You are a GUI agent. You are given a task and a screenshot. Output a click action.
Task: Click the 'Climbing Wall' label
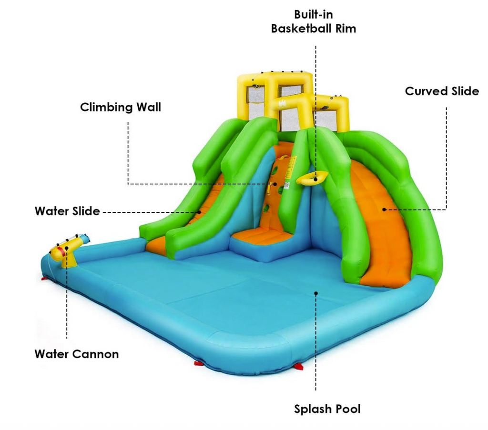[x=121, y=108]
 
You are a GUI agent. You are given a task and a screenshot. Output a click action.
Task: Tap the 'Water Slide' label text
[x=67, y=211]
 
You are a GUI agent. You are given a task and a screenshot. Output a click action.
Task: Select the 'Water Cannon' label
[x=77, y=354]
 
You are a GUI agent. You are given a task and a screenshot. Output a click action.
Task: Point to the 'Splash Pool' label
[x=327, y=409]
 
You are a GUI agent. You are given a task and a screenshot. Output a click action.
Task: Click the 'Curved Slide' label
[x=442, y=91]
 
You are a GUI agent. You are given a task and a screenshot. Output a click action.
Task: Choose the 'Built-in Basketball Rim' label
[x=314, y=21]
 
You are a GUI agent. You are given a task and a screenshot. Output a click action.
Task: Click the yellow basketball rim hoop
[x=312, y=178]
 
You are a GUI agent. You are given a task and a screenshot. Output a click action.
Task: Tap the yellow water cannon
[x=70, y=250]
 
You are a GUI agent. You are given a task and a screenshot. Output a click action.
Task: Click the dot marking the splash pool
[x=316, y=293]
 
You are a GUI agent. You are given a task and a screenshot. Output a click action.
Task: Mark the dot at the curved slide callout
[x=384, y=210]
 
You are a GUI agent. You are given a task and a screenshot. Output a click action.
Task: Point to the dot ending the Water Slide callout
[x=200, y=212]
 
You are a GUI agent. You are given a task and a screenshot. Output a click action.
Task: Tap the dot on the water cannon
[x=67, y=248]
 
